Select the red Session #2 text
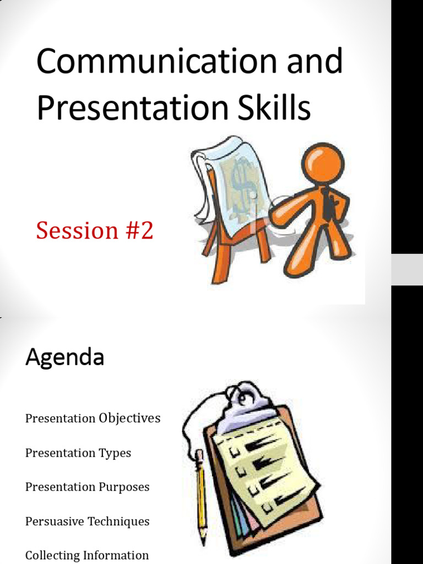click(x=94, y=230)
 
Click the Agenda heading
click(x=64, y=357)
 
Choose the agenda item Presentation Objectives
click(x=93, y=419)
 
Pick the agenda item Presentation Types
click(x=78, y=453)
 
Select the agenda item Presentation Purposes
click(x=87, y=487)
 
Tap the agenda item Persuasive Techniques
click(x=87, y=521)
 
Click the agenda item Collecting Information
click(x=87, y=555)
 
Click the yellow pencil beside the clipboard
click(x=202, y=496)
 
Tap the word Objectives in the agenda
click(x=129, y=419)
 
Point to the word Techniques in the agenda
click(x=121, y=521)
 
